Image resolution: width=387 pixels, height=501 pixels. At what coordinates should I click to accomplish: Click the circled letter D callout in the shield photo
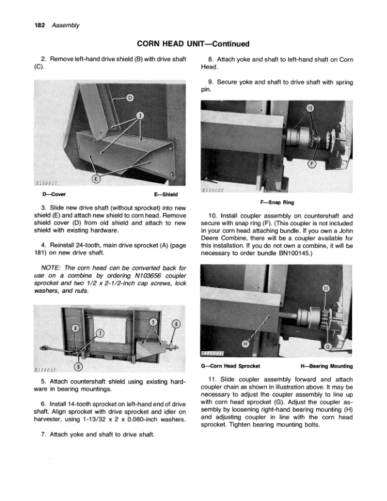coord(130,97)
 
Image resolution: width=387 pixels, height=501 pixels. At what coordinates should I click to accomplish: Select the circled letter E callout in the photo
coord(96,179)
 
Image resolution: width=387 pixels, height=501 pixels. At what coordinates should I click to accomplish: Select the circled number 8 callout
coord(75,328)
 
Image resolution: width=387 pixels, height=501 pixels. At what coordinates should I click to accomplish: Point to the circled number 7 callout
coord(99,334)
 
